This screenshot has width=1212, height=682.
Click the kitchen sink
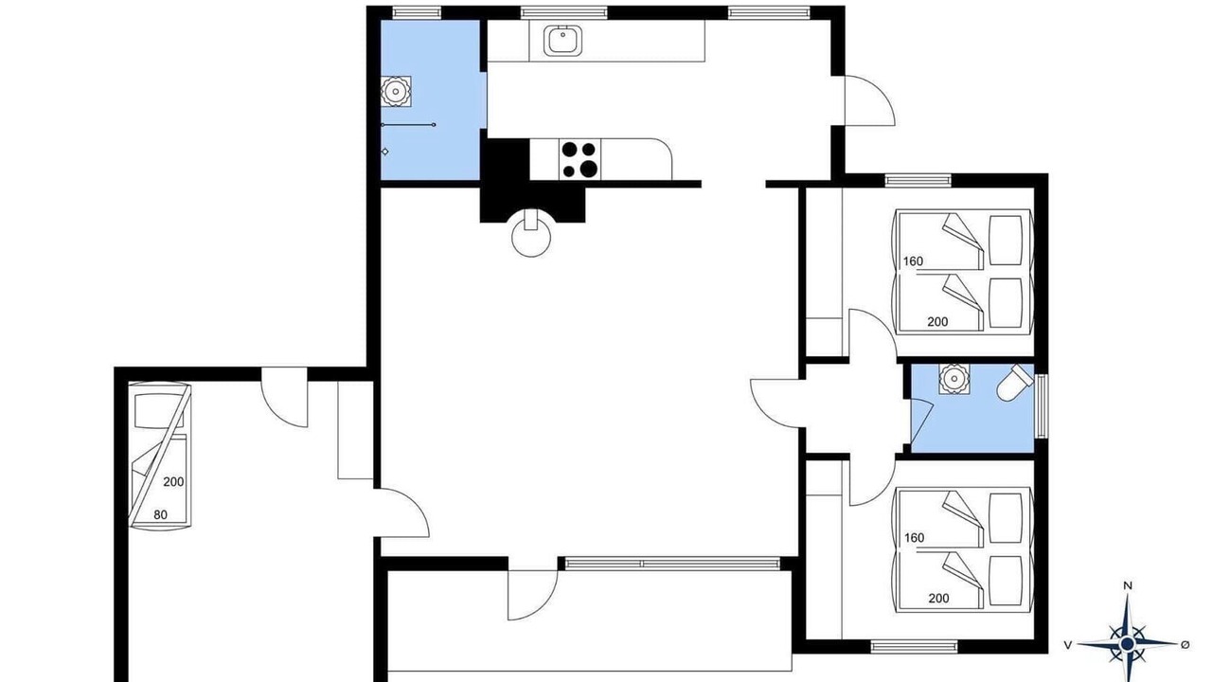click(x=562, y=41)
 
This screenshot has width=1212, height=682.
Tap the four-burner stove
click(x=580, y=160)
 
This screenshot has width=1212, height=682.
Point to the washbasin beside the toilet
click(x=954, y=378)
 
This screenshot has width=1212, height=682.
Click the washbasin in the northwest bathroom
click(x=396, y=91)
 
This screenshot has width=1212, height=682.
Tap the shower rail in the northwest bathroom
click(x=408, y=125)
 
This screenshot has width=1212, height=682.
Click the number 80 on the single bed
click(x=160, y=514)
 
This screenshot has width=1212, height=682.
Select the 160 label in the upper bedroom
click(x=913, y=261)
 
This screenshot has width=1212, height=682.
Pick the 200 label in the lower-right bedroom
click(x=938, y=598)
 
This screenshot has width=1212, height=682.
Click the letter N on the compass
click(x=1128, y=585)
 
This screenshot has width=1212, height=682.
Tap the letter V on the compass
click(x=1067, y=645)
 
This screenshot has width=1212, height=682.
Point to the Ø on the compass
click(x=1185, y=644)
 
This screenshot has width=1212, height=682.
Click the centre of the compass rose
click(x=1127, y=643)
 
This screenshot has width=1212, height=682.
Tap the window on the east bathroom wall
click(x=1041, y=405)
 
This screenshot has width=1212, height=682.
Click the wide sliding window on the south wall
click(x=672, y=564)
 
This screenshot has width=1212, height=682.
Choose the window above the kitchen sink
click(x=563, y=12)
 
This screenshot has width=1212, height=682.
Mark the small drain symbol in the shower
click(x=384, y=152)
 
